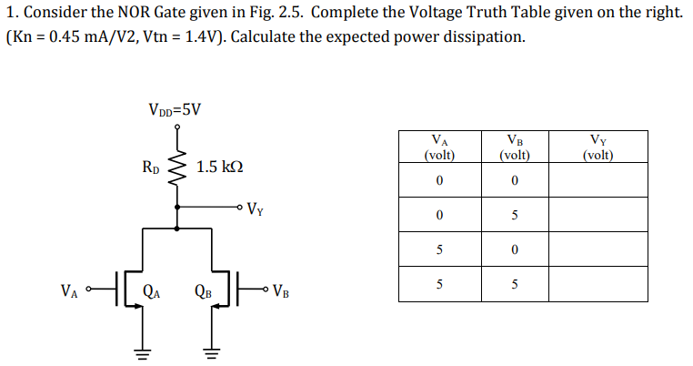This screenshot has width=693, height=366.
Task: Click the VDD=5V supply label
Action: pyautogui.click(x=175, y=109)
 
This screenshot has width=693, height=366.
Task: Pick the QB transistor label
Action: pyautogui.click(x=203, y=292)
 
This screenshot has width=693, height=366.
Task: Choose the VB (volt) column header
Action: pyautogui.click(x=514, y=147)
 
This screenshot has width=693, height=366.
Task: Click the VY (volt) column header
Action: pyautogui.click(x=598, y=147)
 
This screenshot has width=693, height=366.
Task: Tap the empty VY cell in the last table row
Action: pyautogui.click(x=598, y=284)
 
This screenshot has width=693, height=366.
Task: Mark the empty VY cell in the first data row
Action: pyautogui.click(x=598, y=180)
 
